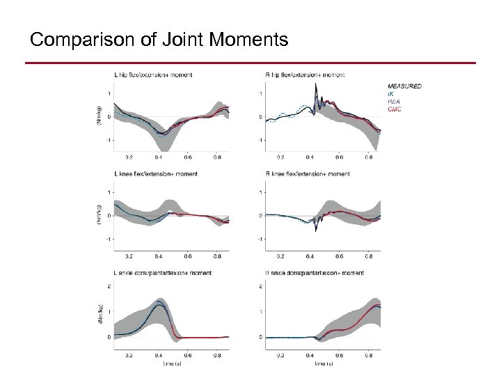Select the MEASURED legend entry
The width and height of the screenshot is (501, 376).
click(404, 86)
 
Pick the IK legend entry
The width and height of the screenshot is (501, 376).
click(390, 93)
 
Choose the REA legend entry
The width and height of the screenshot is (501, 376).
click(392, 100)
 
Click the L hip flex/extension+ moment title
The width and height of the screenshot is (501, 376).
click(154, 74)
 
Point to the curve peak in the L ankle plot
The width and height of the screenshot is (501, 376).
click(160, 303)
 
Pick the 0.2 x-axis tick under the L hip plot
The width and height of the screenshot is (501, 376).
click(129, 157)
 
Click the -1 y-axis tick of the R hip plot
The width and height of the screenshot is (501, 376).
click(260, 140)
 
